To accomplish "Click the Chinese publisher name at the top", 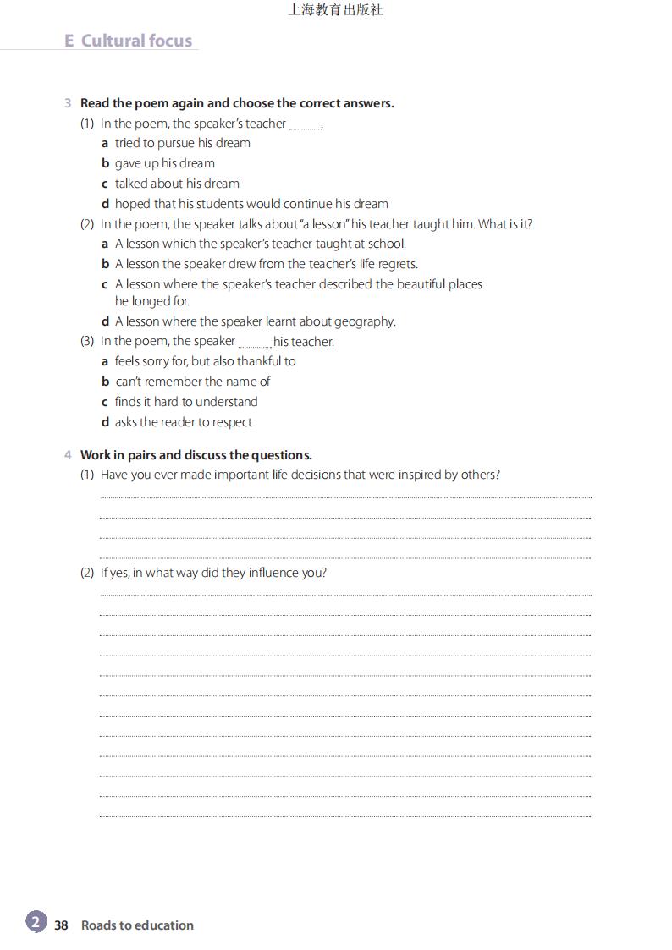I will [x=335, y=10].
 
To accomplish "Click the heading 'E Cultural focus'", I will [x=129, y=41].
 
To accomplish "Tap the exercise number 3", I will [x=68, y=103].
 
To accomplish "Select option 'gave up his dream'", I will [x=164, y=163].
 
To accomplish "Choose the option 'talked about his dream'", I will [x=177, y=184].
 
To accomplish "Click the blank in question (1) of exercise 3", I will [x=305, y=126].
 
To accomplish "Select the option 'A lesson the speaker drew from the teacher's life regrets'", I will [x=266, y=264].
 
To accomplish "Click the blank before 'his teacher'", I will [x=255, y=343].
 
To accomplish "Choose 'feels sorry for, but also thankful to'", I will [x=205, y=361].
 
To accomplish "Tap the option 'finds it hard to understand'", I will [x=186, y=402].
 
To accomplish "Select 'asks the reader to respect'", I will [x=183, y=422].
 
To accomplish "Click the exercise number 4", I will [x=68, y=455].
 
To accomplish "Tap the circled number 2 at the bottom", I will [x=36, y=922].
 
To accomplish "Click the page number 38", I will [x=61, y=925].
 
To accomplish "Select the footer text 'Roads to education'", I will [x=137, y=925].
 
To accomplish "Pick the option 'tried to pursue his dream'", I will [x=182, y=143].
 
